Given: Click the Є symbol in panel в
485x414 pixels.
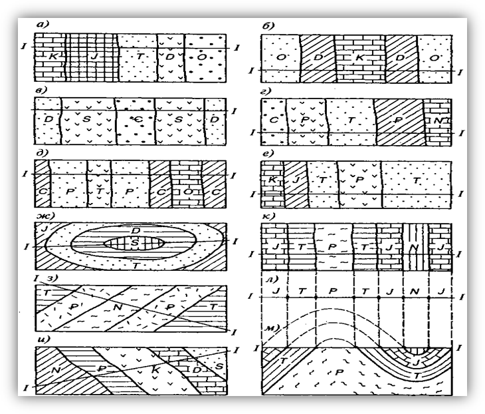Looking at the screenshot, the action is point(135,117).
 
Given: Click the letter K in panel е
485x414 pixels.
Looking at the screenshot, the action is point(272,179).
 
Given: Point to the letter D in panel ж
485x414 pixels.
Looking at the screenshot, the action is point(135,230).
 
